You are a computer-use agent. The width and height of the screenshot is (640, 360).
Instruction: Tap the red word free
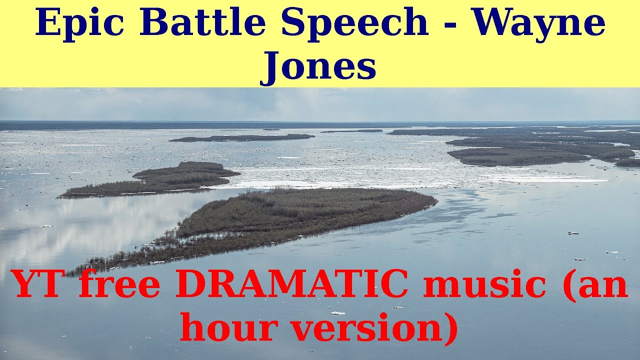tap(119, 284)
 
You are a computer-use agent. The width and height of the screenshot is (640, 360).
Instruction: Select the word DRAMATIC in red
tap(291, 284)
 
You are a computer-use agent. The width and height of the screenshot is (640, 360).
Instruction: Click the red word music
tap(485, 284)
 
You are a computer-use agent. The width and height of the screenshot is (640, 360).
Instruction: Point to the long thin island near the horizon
tap(242, 137)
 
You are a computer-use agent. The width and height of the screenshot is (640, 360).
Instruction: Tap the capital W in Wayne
tap(495, 23)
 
